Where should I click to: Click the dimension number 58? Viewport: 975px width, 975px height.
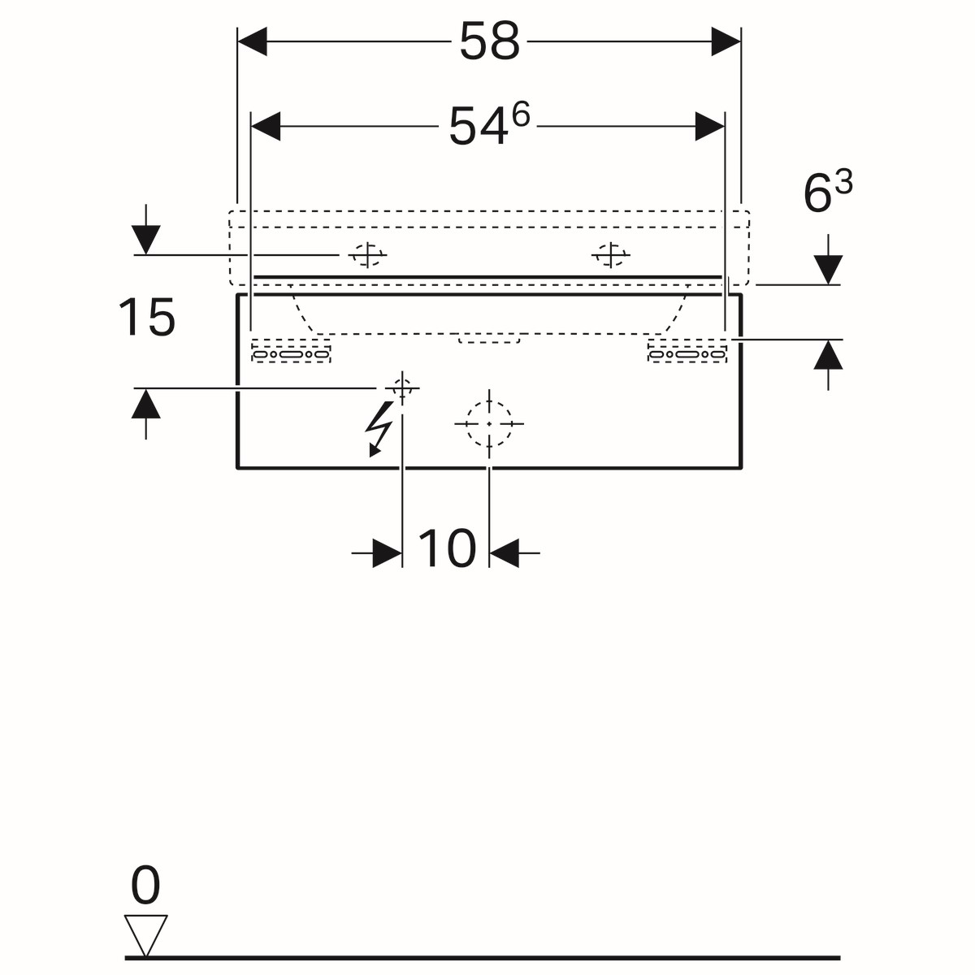click(x=489, y=41)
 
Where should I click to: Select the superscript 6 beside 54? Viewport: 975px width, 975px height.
click(x=521, y=115)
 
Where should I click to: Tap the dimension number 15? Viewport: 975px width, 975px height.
click(x=147, y=317)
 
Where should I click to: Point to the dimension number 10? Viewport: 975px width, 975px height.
click(x=447, y=548)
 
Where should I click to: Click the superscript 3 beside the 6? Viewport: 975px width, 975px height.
click(x=844, y=182)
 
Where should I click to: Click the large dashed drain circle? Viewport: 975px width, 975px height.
click(x=489, y=423)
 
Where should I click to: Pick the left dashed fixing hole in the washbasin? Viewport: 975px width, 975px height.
click(x=368, y=255)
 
